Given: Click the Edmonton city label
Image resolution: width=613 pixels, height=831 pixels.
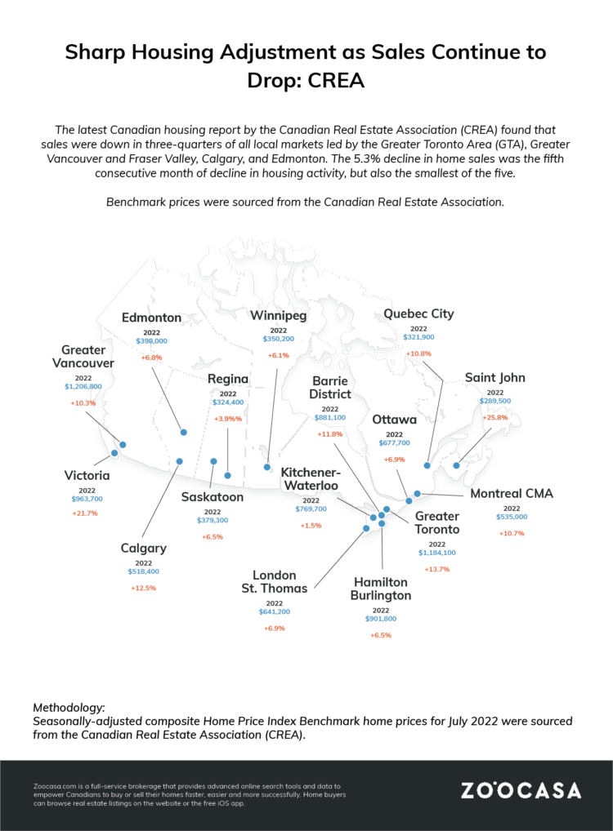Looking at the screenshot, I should pyautogui.click(x=151, y=318).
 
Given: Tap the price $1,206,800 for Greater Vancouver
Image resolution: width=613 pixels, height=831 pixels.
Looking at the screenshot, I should pyautogui.click(x=83, y=386).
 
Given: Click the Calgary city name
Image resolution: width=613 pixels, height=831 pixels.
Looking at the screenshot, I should pyautogui.click(x=144, y=548).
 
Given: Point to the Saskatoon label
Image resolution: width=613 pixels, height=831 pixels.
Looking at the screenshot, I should pyautogui.click(x=213, y=496).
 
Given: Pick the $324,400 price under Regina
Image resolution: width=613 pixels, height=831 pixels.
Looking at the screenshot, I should pyautogui.click(x=228, y=402).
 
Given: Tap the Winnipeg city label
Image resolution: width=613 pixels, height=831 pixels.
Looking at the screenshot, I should pyautogui.click(x=279, y=315).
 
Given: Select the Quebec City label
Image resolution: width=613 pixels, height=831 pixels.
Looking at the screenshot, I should pyautogui.click(x=418, y=313).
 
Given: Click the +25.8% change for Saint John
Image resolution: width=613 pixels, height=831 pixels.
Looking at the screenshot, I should pyautogui.click(x=494, y=417).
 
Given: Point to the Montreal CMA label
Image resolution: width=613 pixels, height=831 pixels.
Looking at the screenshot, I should pyautogui.click(x=512, y=494).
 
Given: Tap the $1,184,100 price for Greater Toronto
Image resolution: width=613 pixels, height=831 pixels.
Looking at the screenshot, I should pyautogui.click(x=437, y=553).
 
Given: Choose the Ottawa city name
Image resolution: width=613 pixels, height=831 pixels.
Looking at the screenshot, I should pyautogui.click(x=394, y=420).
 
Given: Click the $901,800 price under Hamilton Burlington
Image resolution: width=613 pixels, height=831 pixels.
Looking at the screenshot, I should pyautogui.click(x=381, y=619).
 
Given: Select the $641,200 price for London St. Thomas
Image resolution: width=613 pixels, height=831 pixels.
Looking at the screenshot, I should pyautogui.click(x=274, y=611).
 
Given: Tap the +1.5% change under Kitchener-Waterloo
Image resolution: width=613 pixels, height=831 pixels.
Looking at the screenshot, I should pyautogui.click(x=311, y=525).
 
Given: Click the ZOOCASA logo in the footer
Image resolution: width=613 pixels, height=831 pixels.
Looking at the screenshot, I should pyautogui.click(x=521, y=790).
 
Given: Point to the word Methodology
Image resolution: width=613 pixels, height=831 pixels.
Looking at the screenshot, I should pyautogui.click(x=69, y=705).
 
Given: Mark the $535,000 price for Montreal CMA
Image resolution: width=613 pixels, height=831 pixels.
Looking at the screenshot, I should pyautogui.click(x=511, y=517).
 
